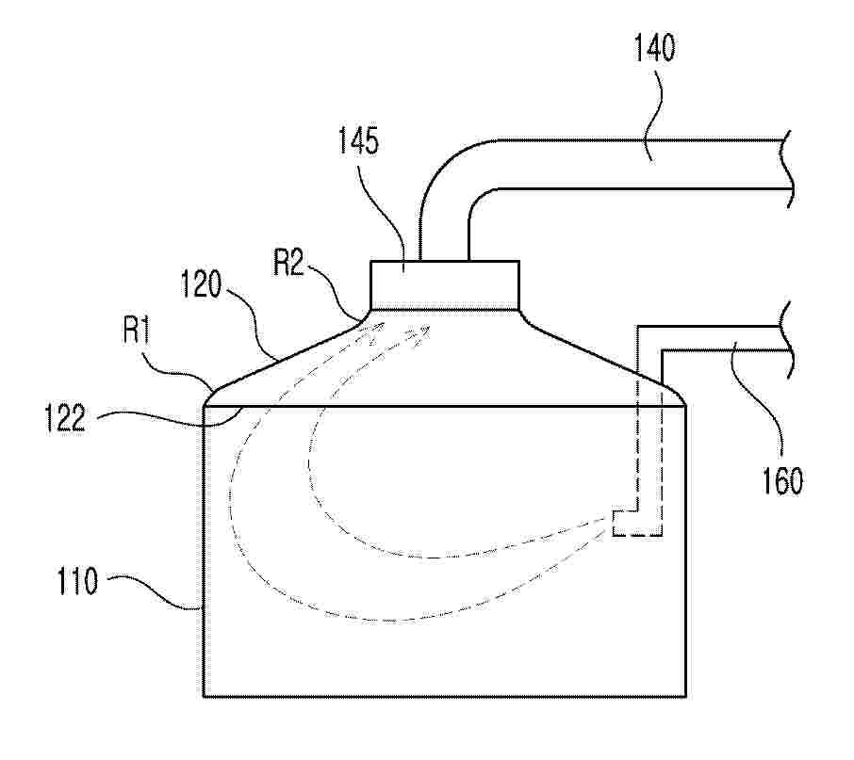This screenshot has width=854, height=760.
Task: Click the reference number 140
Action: coord(654,47)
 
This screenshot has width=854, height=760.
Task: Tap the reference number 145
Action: coord(358,141)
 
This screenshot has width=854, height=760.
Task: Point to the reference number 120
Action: coord(201,284)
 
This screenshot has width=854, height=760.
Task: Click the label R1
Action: coord(136,331)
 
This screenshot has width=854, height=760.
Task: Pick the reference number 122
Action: coord(65,418)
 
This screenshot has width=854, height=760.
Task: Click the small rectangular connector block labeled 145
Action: coord(444,285)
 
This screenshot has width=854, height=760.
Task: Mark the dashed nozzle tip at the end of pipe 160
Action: coord(637,524)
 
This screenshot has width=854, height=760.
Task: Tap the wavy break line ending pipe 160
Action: coord(788,338)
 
